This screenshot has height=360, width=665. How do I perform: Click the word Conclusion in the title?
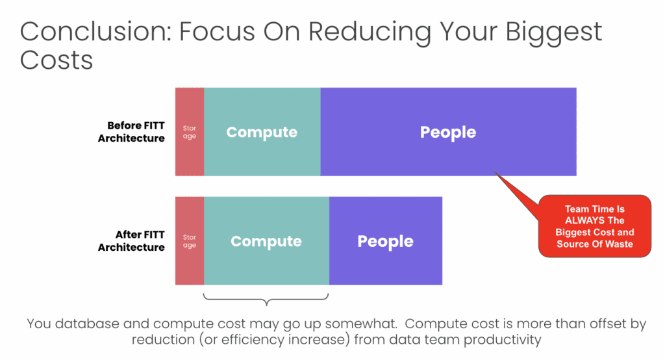pos(96,31)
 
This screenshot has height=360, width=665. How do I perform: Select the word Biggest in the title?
pos(553,33)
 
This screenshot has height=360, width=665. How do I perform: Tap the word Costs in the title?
pos(56,60)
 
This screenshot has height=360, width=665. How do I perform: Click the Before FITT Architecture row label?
pos(131,132)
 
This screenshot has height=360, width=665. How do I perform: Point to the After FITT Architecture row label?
pos(131,240)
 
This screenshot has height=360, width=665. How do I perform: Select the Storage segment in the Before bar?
pos(190,132)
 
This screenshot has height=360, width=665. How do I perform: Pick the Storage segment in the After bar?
pos(190,240)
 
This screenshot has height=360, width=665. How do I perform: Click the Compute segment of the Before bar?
pos(262,132)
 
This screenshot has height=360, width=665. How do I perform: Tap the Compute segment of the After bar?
pos(266,240)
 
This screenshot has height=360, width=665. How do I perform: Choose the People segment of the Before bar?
pos(448,132)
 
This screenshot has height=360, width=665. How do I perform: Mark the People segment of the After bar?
pos(386,240)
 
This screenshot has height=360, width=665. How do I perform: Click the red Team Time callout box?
pos(595,226)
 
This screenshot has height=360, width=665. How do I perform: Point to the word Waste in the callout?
pos(620,244)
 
